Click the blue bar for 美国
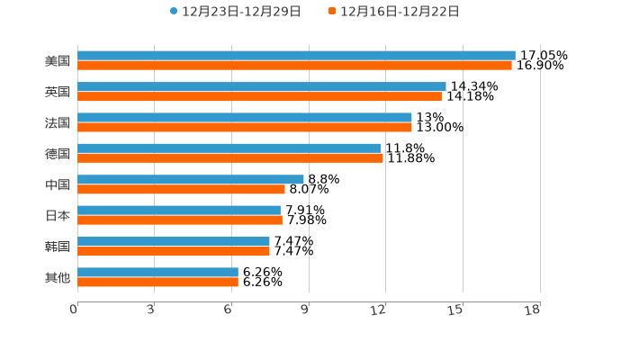[296, 56]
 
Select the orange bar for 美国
[294, 66]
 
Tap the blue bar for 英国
[261, 86]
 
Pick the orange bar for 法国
[244, 127]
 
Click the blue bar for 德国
[229, 148]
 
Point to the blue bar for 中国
[190, 179]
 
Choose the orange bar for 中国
[181, 189]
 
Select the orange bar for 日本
[179, 220]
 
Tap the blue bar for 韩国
[173, 241]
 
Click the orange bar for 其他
[157, 282]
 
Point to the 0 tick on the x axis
[75, 310]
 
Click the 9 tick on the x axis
[305, 310]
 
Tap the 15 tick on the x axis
[455, 310]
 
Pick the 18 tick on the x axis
[532, 310]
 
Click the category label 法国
[58, 122]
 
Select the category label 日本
[58, 215]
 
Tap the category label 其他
[58, 277]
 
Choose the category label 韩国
[58, 246]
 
